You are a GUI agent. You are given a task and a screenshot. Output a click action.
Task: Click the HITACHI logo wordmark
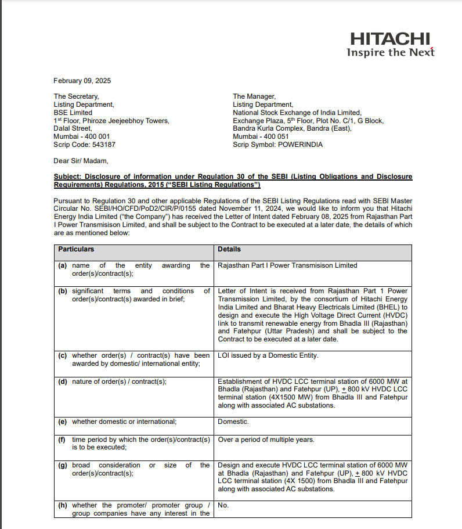[x=390, y=39]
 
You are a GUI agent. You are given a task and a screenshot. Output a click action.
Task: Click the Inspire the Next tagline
[x=390, y=52]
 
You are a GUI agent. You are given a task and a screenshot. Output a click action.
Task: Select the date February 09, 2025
[x=82, y=81]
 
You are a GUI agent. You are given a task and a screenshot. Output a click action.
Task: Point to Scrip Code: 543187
[x=84, y=145]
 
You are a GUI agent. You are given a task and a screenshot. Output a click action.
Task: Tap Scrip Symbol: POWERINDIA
[x=277, y=145]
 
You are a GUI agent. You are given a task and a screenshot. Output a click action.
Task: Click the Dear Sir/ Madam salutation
[x=81, y=161]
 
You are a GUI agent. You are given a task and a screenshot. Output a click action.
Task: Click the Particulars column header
[x=76, y=249]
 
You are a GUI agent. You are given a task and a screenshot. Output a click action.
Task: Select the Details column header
[x=229, y=249]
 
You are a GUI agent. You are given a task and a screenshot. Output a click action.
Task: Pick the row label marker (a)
[x=63, y=265]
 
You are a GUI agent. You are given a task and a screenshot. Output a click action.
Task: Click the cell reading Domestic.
[x=233, y=422]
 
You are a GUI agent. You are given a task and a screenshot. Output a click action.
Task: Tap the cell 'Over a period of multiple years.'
[x=266, y=440]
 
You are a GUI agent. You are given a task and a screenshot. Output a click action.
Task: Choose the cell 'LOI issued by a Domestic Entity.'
[x=268, y=355]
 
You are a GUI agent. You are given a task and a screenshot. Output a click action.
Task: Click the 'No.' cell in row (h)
[x=223, y=505]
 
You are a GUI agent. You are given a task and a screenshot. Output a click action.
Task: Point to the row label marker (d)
[x=63, y=382]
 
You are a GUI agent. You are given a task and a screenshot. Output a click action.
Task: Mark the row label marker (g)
[x=63, y=465]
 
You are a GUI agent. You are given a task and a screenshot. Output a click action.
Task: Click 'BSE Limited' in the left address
[x=73, y=113]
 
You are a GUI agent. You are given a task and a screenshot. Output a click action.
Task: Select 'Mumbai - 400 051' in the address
[x=261, y=136]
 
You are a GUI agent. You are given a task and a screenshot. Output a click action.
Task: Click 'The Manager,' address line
[x=254, y=96]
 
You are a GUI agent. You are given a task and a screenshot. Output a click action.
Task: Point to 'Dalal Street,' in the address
[x=73, y=128]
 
